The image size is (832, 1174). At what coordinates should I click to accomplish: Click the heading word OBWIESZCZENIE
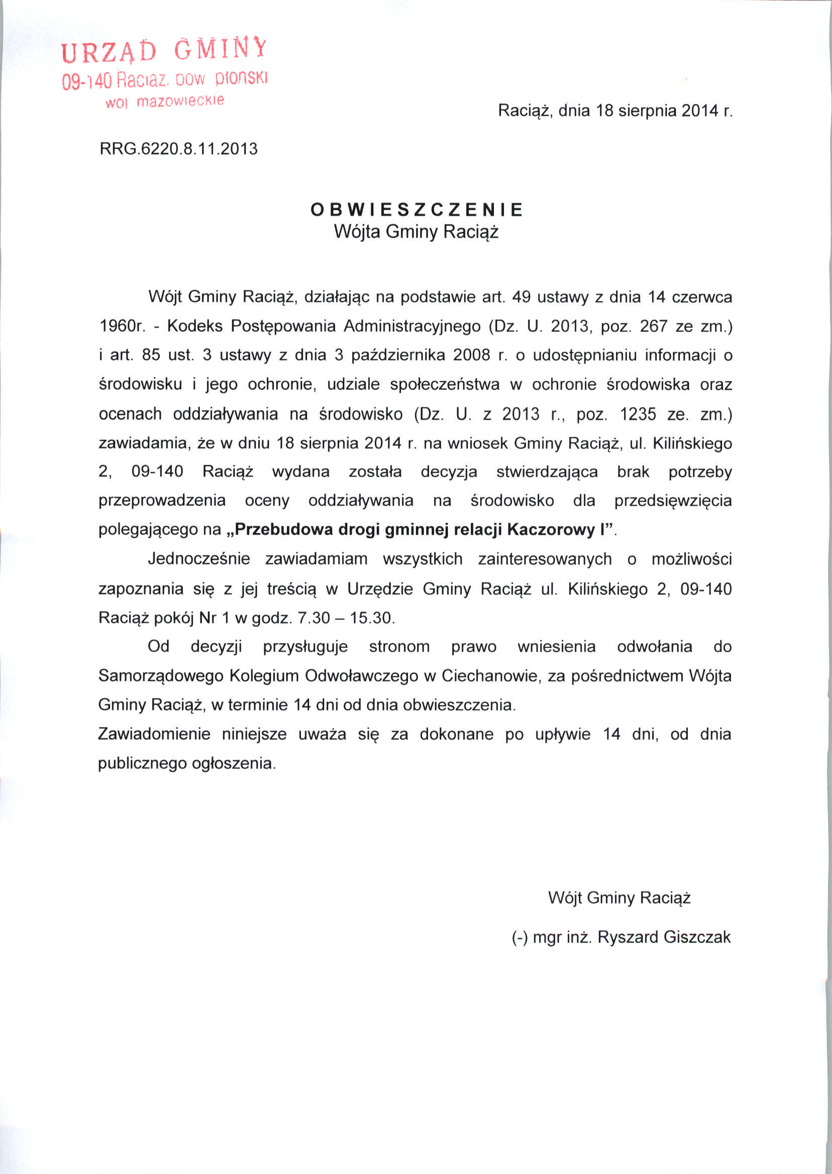pos(417,210)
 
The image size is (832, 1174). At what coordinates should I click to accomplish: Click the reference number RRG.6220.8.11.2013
pos(178,149)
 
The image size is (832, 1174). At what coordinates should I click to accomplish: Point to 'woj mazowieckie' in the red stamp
pos(164,101)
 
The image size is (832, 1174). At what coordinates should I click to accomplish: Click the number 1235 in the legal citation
pos(638,414)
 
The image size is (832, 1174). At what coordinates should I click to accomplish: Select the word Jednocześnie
pos(199,558)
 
